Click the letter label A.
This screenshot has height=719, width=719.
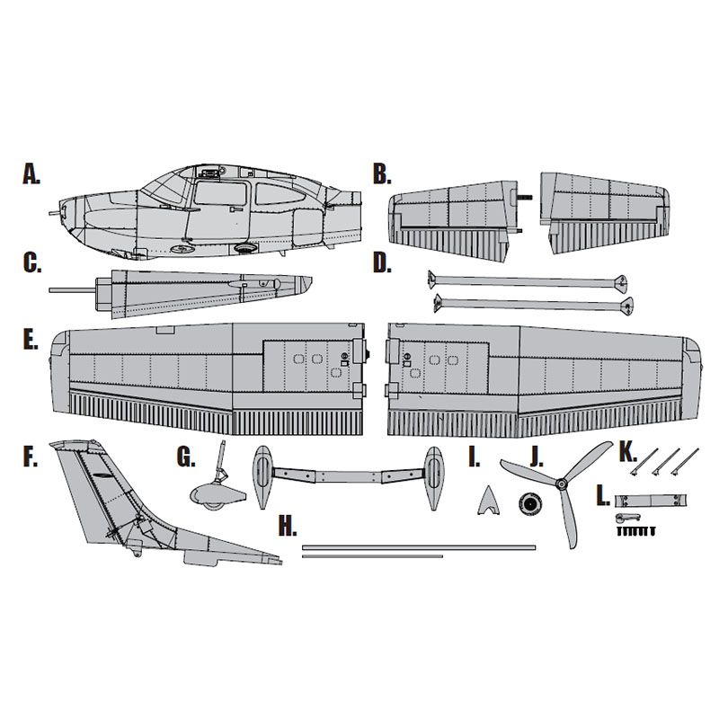tap(31, 174)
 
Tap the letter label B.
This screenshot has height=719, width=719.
tap(382, 174)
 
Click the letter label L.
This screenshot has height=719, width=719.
tap(603, 496)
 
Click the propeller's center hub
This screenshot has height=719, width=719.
tap(561, 484)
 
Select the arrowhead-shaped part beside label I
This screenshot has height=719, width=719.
tap(488, 501)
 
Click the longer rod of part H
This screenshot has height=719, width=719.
tap(419, 547)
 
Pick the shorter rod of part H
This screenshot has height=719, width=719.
tap(372, 556)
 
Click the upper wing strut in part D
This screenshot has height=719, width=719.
tap(528, 280)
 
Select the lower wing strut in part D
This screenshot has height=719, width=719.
tap(534, 304)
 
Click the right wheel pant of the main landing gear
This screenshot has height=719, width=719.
tap(433, 478)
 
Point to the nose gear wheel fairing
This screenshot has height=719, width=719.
tap(217, 496)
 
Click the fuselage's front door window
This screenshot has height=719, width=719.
tap(221, 192)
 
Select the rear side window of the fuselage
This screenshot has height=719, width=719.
tap(280, 194)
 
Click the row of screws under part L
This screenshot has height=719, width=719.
tap(636, 531)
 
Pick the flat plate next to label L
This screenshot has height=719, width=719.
tap(650, 500)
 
